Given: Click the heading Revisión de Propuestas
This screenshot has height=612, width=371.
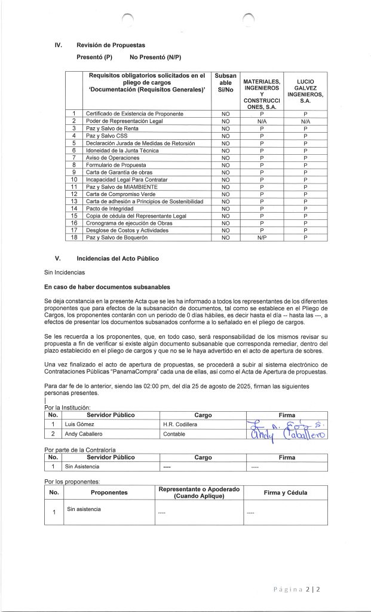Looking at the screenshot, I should click(111, 45).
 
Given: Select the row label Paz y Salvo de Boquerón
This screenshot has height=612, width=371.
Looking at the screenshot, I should click(117, 237).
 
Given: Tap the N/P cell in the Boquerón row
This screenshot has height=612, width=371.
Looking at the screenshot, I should click(262, 237).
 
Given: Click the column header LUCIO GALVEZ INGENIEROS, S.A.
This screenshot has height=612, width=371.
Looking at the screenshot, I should click(305, 90).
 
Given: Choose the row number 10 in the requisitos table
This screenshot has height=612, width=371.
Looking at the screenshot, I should click(74, 179).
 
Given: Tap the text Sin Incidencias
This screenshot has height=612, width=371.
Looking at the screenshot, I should click(65, 272).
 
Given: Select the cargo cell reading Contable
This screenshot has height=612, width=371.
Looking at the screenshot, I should click(173, 434).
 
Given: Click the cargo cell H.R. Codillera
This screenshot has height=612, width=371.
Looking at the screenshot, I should click(180, 424).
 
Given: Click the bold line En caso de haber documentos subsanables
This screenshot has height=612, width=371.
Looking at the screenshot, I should click(107, 286).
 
